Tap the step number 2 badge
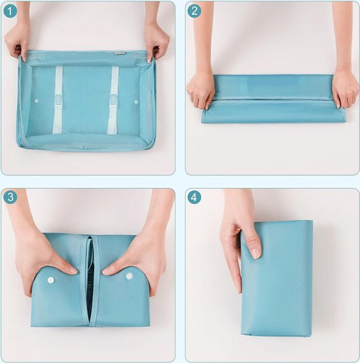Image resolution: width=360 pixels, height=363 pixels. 194,10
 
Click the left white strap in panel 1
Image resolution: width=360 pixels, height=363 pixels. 58,98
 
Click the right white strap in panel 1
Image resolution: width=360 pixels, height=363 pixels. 113,98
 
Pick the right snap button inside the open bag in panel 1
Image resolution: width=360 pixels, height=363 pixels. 136,101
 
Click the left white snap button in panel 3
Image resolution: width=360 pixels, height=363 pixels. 50,279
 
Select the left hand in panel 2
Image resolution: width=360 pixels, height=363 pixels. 200,89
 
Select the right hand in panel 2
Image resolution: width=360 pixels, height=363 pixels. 345,90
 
